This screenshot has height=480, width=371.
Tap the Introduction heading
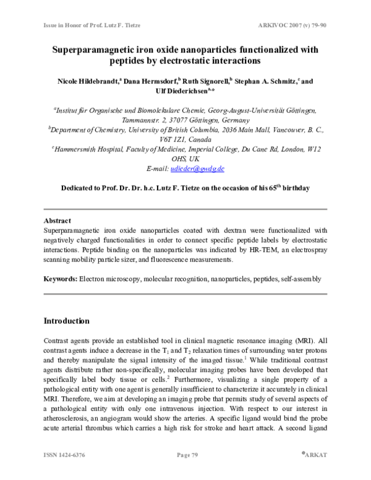(66, 321)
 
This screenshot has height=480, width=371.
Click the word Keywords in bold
(60, 280)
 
